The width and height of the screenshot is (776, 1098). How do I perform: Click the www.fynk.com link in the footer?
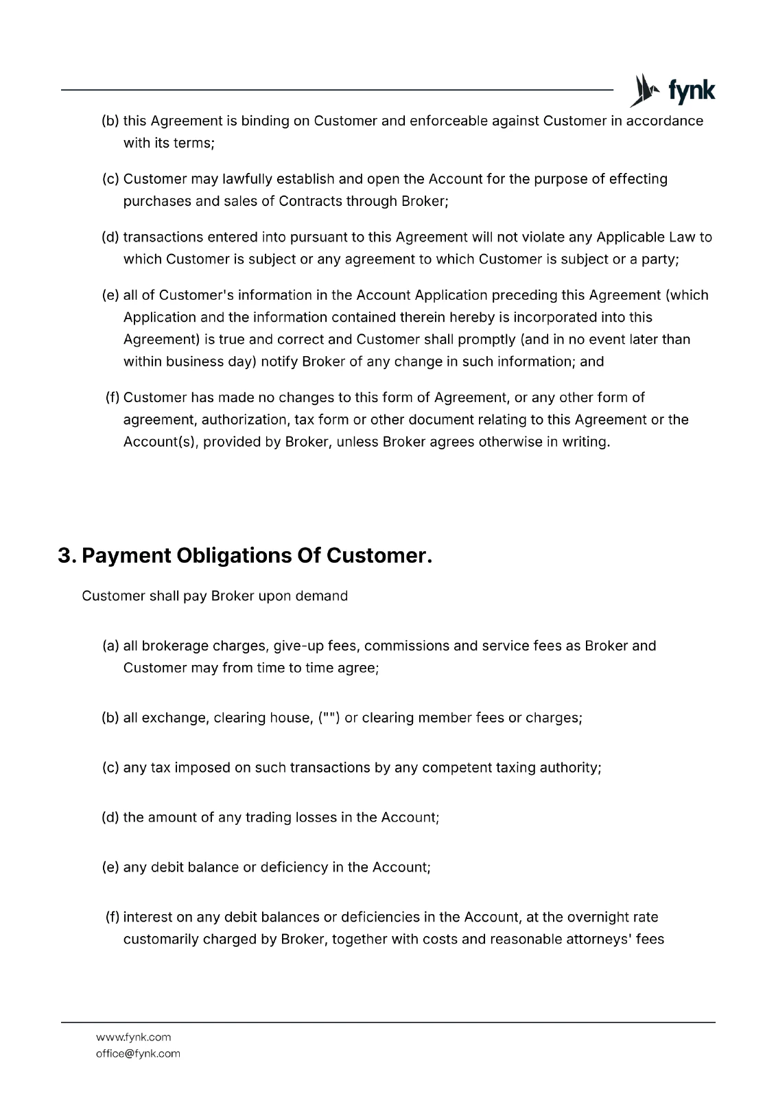134,1037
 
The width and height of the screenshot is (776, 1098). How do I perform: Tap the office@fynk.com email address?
138,1053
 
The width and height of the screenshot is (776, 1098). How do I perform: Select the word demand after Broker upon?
321,596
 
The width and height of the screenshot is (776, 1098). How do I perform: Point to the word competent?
457,767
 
